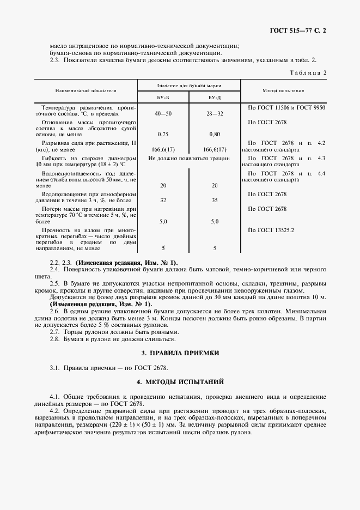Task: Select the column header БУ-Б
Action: click(x=162, y=98)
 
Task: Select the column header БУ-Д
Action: click(x=215, y=98)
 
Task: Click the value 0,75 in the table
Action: click(x=162, y=133)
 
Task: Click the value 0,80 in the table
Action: click(x=215, y=133)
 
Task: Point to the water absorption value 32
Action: click(x=162, y=200)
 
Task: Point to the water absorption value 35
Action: click(x=215, y=200)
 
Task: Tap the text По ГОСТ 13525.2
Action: click(x=271, y=230)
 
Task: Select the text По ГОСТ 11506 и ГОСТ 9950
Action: click(x=286, y=108)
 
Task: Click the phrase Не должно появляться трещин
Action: click(x=188, y=158)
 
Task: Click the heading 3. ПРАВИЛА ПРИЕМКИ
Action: click(x=180, y=353)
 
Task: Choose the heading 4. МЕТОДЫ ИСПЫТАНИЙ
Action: click(x=180, y=382)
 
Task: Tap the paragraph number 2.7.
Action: click(x=54, y=331)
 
